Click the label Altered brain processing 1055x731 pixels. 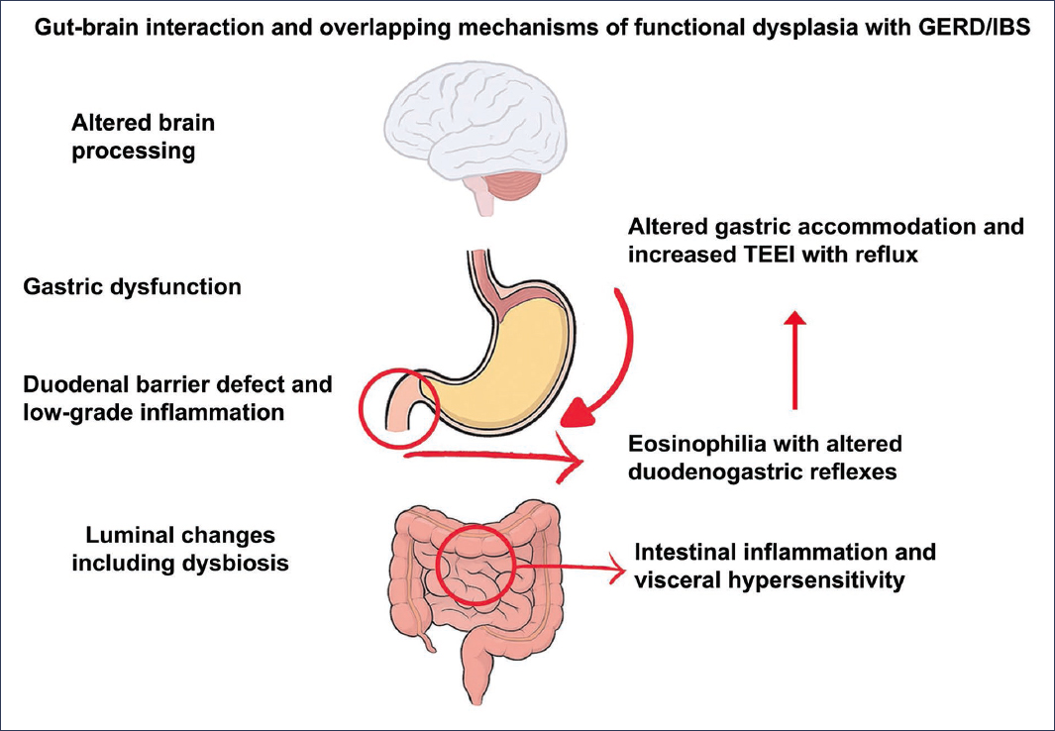click(x=143, y=138)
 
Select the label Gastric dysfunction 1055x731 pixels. click(x=132, y=288)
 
